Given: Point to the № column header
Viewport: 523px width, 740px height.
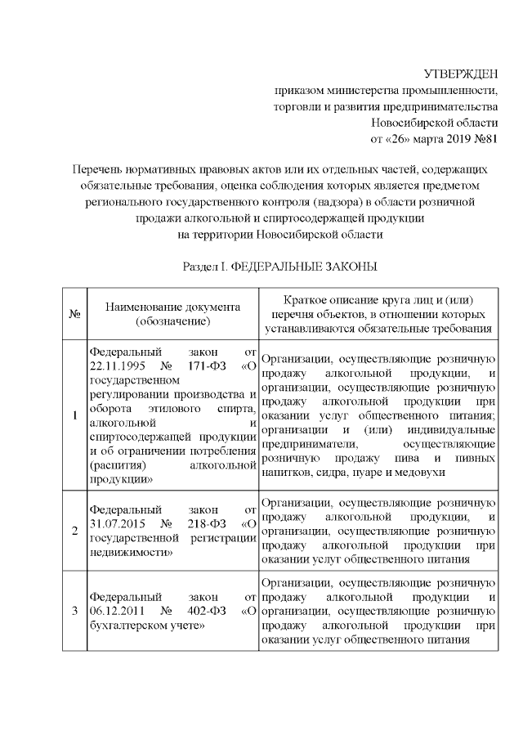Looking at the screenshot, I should [x=74, y=314].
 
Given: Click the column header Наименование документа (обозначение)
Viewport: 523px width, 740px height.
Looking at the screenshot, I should [x=172, y=314].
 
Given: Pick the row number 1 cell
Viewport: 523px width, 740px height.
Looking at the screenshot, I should [x=74, y=415].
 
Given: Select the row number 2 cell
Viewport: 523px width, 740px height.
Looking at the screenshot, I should [x=74, y=531].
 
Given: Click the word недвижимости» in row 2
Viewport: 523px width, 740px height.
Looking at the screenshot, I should [x=131, y=552].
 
